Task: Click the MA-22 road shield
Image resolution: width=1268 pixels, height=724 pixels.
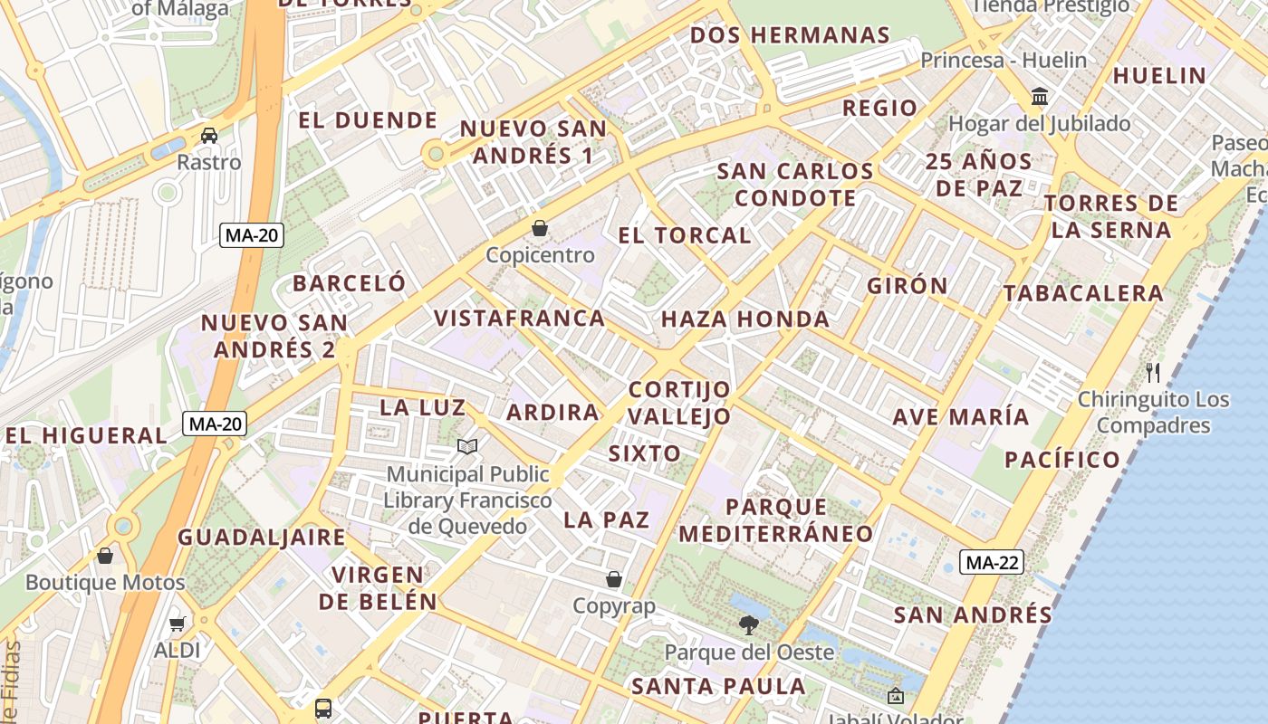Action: coord(992,562)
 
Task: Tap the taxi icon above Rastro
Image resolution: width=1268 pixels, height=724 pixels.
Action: coord(209,136)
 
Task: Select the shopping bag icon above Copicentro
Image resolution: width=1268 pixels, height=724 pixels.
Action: coord(540,227)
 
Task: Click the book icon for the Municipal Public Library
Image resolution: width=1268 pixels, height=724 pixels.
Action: coord(467,446)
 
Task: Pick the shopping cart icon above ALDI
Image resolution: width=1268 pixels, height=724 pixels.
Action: coord(177,624)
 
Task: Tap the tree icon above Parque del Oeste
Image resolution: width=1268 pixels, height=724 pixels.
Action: coord(748,624)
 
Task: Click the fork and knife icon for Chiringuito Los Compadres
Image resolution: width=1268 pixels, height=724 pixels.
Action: coord(1153,371)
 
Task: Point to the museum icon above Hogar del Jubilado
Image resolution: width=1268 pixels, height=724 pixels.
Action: coord(1040,96)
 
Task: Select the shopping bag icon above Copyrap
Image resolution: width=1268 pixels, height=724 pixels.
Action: coord(614,578)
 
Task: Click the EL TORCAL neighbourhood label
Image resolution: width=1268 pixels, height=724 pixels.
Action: coord(685,235)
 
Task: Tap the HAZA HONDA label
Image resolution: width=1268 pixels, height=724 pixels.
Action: coord(745,319)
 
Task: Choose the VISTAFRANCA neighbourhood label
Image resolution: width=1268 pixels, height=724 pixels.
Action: coord(520,318)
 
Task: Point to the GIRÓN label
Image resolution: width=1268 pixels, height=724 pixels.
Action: coord(908,285)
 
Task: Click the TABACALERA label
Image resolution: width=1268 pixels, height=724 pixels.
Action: coord(1083,292)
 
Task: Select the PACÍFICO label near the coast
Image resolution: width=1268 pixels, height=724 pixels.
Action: coord(1062,459)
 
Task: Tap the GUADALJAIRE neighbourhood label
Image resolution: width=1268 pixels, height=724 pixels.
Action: coord(262,537)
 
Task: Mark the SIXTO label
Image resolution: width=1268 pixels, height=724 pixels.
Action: coord(645,453)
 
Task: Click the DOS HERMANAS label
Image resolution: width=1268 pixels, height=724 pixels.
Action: coord(790,35)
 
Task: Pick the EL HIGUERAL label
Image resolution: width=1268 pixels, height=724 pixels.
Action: coord(87,435)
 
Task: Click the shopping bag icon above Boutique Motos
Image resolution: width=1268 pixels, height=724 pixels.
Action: coord(105,556)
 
